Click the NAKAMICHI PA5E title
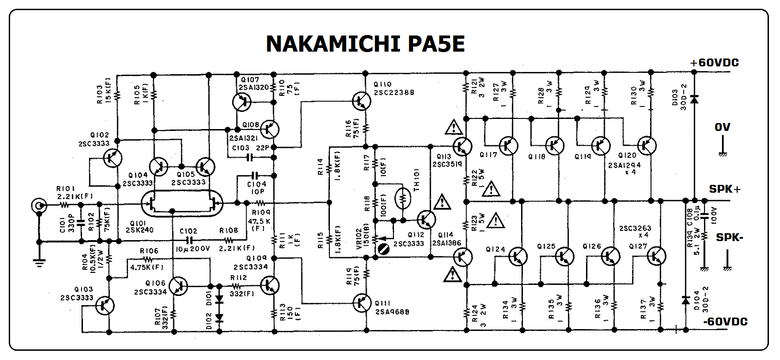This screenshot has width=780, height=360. [365, 44]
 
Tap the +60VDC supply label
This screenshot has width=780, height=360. [714, 63]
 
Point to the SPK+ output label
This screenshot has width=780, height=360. [725, 189]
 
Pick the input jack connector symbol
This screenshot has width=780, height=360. [39, 206]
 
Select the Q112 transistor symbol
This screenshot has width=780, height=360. [426, 219]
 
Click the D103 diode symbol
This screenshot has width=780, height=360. [694, 98]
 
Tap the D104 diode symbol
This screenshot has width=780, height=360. [686, 300]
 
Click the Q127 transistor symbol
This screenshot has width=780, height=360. [655, 256]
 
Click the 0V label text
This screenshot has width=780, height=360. [722, 127]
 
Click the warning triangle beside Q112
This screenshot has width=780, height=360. [442, 201]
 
